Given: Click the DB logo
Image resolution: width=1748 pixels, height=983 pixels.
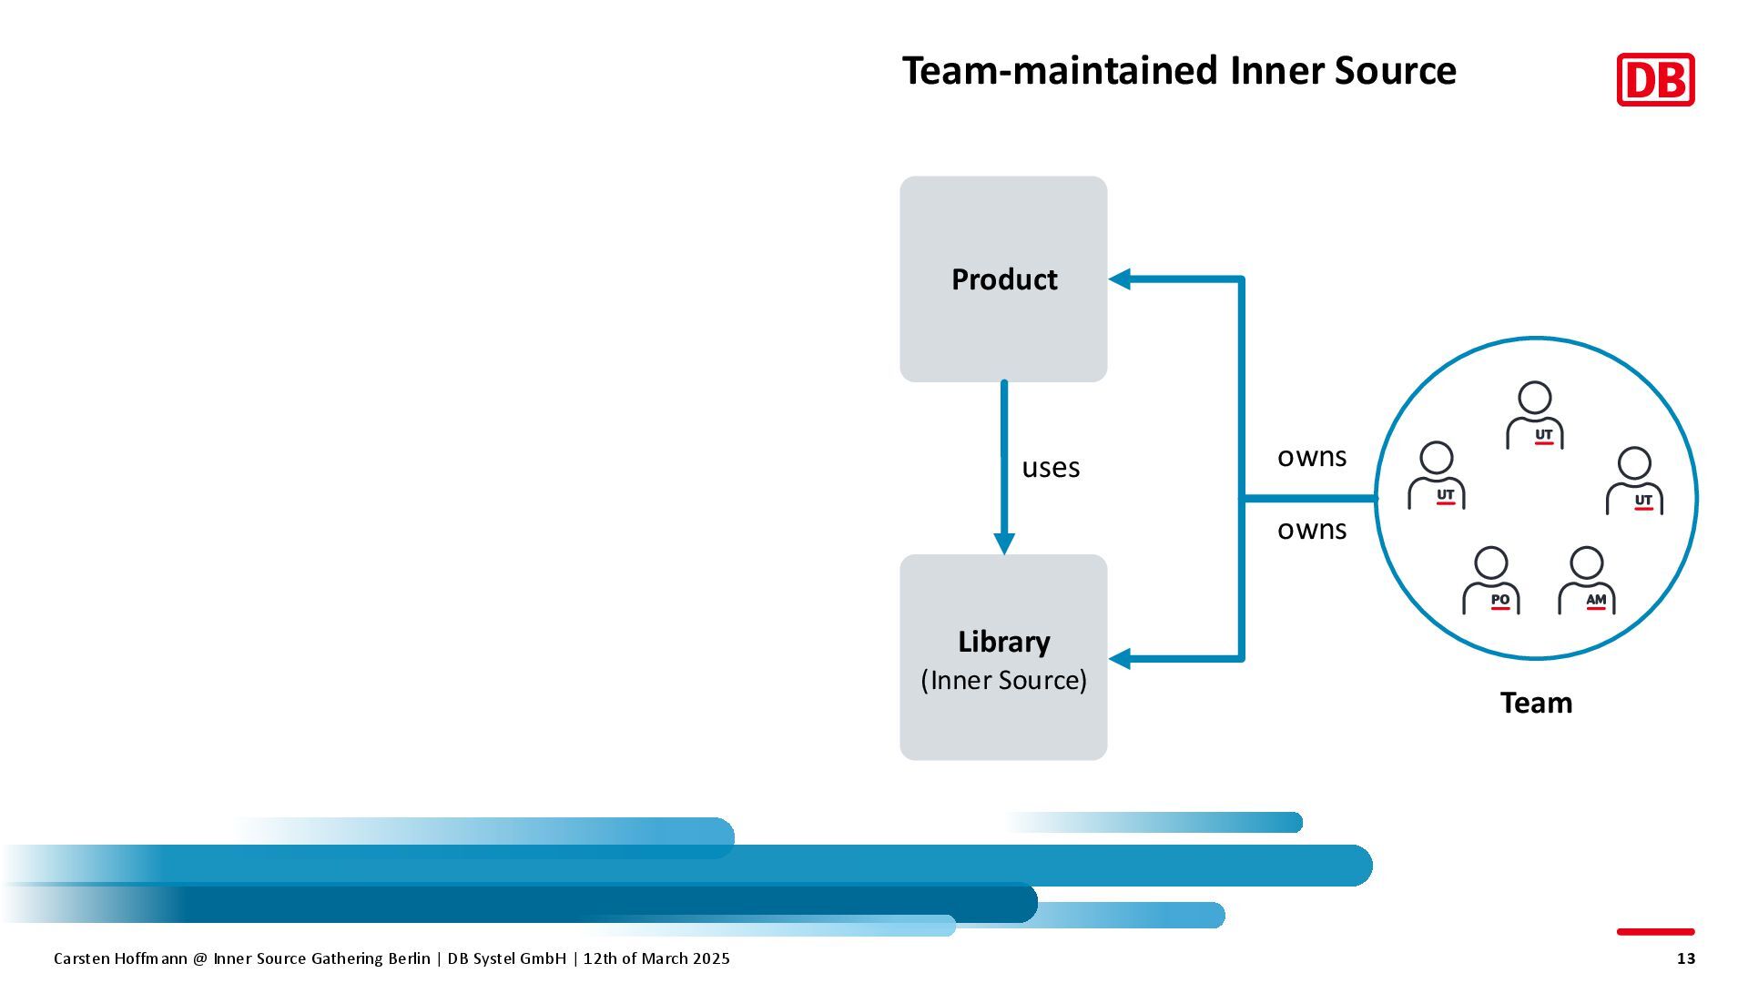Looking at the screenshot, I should pyautogui.click(x=1655, y=80).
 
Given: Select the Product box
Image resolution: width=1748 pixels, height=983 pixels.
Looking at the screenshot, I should pyautogui.click(x=1003, y=279).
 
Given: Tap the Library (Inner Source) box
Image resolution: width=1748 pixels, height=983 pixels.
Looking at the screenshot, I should pyautogui.click(x=1003, y=657).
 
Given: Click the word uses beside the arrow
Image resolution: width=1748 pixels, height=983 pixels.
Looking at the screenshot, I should pyautogui.click(x=1051, y=468).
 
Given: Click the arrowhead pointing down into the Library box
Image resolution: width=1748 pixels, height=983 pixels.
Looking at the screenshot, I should pyautogui.click(x=1004, y=543).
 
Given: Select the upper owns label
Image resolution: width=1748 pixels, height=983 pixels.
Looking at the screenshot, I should pyautogui.click(x=1311, y=457).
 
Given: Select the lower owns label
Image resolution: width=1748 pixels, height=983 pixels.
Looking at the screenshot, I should pyautogui.click(x=1311, y=530).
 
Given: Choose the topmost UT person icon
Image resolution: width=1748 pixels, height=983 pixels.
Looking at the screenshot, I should pyautogui.click(x=1535, y=416).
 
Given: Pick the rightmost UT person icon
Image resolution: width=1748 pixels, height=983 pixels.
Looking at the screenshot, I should pyautogui.click(x=1634, y=481).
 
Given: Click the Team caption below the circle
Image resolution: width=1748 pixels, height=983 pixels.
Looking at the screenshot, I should pyautogui.click(x=1536, y=703).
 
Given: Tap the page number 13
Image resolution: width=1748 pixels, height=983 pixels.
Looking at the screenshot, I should pyautogui.click(x=1686, y=958).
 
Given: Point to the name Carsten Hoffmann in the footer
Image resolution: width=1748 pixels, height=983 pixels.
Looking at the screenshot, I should pyautogui.click(x=120, y=958).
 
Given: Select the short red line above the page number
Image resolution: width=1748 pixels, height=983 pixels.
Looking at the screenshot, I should pyautogui.click(x=1655, y=931).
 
